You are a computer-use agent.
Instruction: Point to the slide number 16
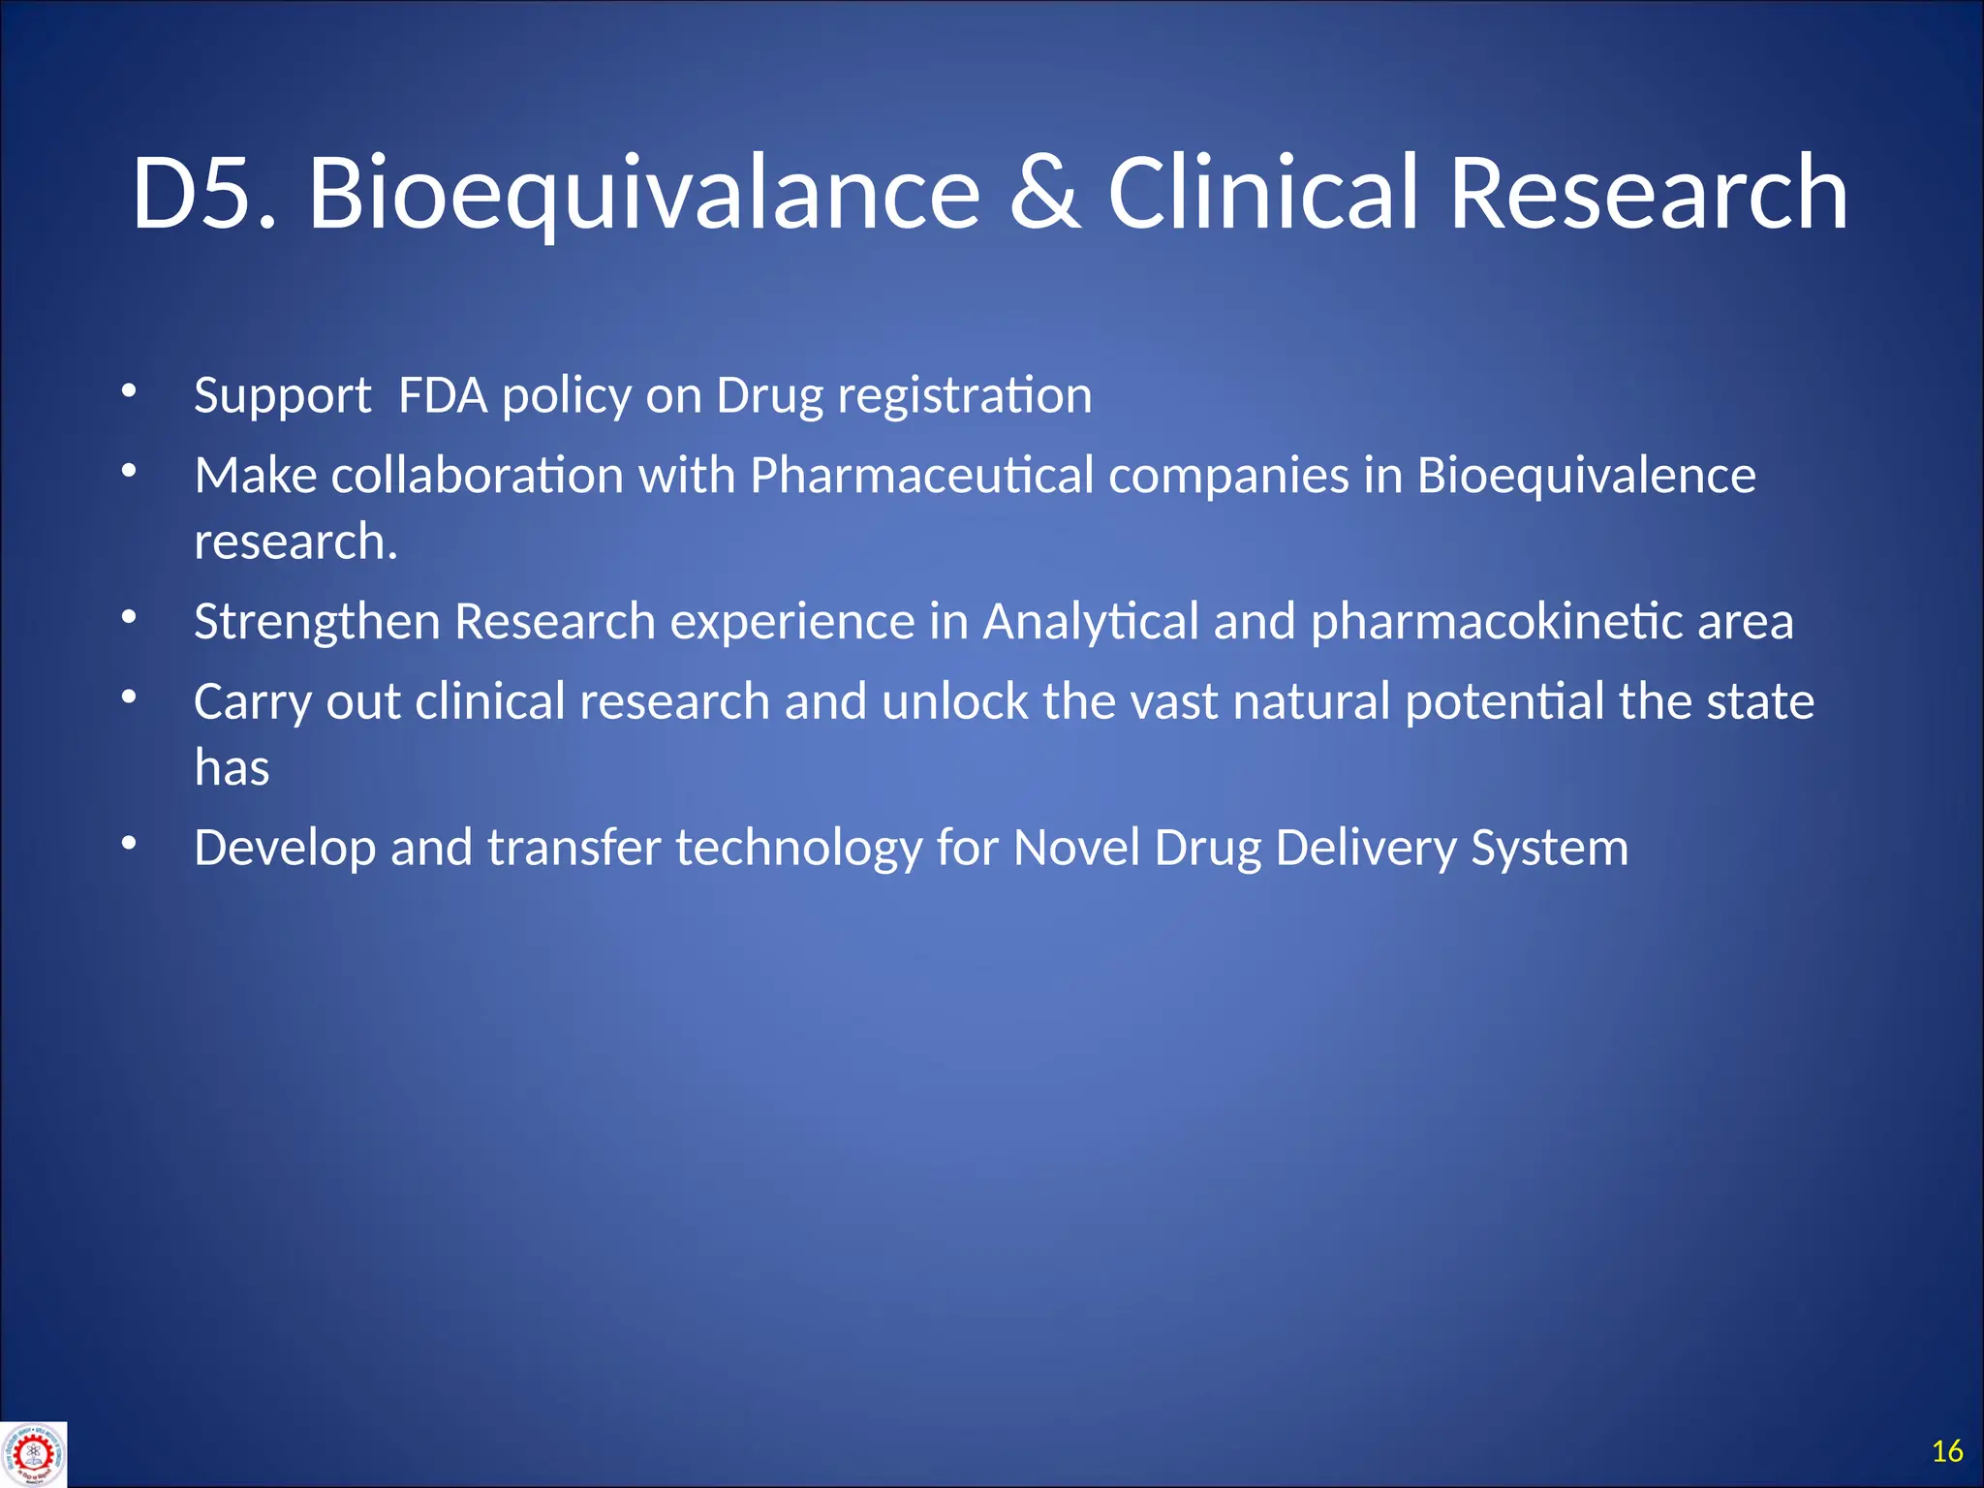pyautogui.click(x=1946, y=1450)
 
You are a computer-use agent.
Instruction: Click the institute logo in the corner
pyautogui.click(x=33, y=1453)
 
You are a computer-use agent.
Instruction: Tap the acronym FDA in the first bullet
pyautogui.click(x=443, y=395)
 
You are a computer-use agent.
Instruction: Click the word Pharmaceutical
pyautogui.click(x=921, y=476)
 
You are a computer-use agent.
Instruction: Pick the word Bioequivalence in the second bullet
pyautogui.click(x=1586, y=476)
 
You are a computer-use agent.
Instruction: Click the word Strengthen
pyautogui.click(x=316, y=621)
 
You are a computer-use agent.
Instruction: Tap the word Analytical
pyautogui.click(x=1091, y=621)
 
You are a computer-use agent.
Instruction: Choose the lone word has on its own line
pyautogui.click(x=232, y=767)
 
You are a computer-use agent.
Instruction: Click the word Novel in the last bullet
pyautogui.click(x=1076, y=848)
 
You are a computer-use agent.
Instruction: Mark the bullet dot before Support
pyautogui.click(x=129, y=390)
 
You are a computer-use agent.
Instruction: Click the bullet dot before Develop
pyautogui.click(x=129, y=843)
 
